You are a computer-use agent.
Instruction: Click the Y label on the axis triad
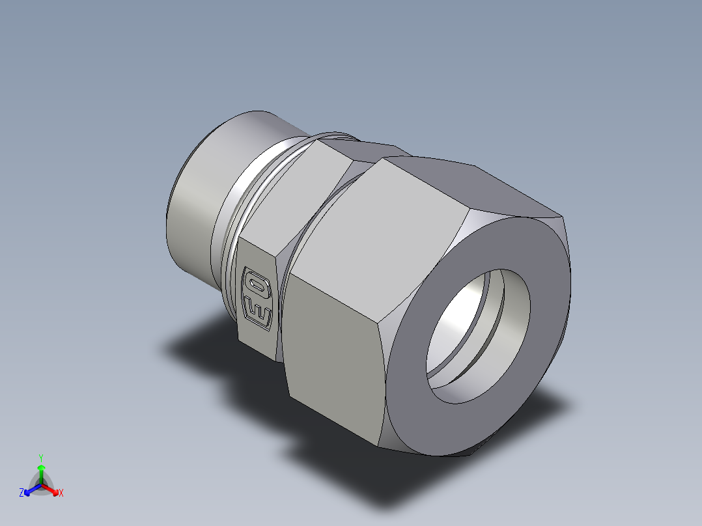[x=41, y=457]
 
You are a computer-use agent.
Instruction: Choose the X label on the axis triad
[x=61, y=493]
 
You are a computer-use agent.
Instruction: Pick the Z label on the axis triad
[x=21, y=493]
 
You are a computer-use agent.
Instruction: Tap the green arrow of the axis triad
[x=41, y=470]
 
